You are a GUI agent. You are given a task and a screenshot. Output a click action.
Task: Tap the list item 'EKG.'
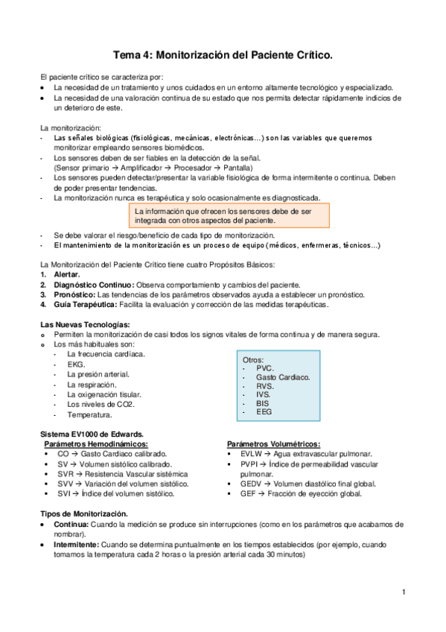(x=76, y=364)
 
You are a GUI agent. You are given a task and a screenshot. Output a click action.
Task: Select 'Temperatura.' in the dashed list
(x=90, y=414)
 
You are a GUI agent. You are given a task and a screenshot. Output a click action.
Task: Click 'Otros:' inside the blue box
(x=253, y=359)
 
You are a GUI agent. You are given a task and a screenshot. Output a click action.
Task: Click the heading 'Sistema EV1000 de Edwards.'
(x=92, y=434)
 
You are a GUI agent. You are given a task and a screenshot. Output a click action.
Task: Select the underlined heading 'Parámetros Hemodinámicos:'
(x=95, y=443)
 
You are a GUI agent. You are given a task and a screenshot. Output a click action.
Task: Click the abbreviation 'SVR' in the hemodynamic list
(x=67, y=473)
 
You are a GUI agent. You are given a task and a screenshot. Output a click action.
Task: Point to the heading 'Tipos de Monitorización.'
(x=83, y=514)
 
